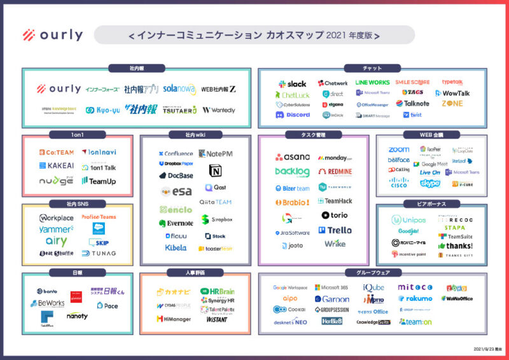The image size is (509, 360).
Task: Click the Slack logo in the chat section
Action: (x=292, y=84)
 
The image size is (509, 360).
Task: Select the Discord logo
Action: (x=293, y=115)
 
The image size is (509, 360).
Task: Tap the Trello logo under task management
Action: (x=335, y=230)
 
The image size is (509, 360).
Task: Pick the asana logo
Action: (x=293, y=157)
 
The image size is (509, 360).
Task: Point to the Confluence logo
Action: (x=175, y=153)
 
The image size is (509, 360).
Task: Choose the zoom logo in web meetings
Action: (x=398, y=150)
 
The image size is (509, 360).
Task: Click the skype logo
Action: (x=430, y=184)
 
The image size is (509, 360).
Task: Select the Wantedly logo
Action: (x=218, y=110)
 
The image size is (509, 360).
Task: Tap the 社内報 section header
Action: (x=137, y=67)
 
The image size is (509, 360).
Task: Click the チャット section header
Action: (x=372, y=67)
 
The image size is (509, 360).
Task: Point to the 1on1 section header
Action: (x=78, y=135)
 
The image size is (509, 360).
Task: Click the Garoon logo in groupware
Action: (x=332, y=299)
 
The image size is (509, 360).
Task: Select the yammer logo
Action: (x=56, y=230)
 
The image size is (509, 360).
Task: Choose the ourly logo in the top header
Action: (x=52, y=36)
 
